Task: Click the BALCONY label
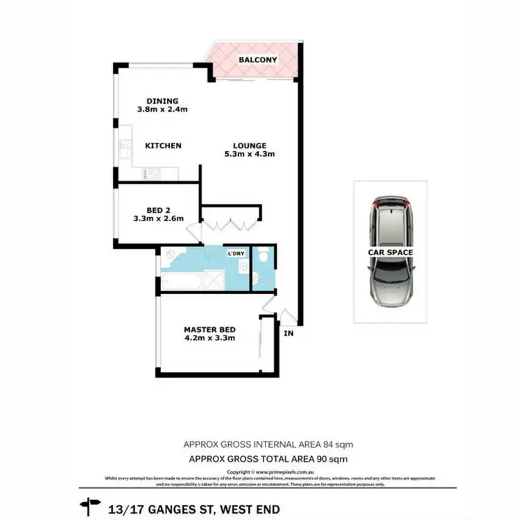click(258, 60)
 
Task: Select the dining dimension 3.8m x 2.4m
click(163, 110)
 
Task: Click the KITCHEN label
click(163, 146)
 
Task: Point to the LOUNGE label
click(250, 146)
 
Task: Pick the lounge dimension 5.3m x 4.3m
click(250, 155)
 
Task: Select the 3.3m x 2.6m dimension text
click(159, 219)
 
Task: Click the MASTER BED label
click(209, 329)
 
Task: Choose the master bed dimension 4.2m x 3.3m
click(209, 339)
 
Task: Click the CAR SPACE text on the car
click(390, 252)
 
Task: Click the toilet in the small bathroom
click(261, 258)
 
